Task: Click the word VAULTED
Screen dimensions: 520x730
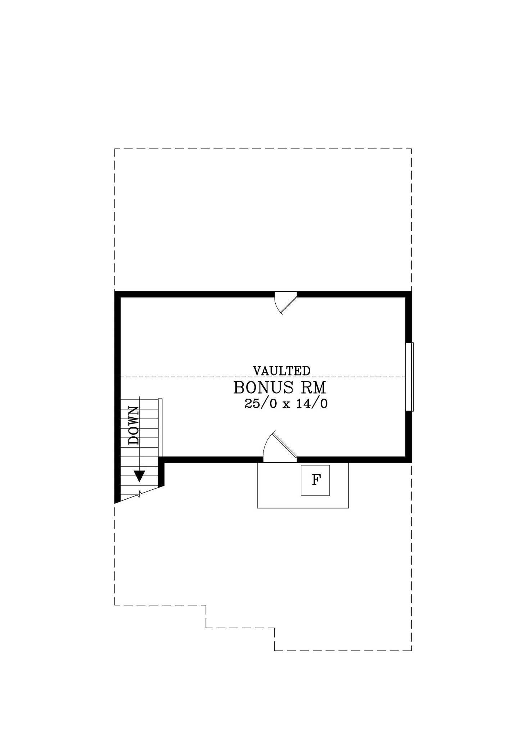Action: [x=282, y=371]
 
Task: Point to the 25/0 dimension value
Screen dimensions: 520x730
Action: [x=261, y=404]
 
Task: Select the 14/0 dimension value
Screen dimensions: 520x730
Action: [x=312, y=404]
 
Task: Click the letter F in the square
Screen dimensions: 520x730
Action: [x=316, y=480]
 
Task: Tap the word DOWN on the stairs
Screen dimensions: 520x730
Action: [x=134, y=426]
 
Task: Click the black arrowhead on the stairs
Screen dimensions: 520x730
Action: [x=140, y=476]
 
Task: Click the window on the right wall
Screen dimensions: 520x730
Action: [x=410, y=377]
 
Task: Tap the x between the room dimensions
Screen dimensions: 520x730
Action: [x=286, y=405]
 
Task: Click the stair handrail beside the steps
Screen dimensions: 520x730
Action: [x=160, y=428]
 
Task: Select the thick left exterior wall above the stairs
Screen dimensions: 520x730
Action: [x=117, y=345]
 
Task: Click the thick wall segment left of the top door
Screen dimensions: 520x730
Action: [x=195, y=294]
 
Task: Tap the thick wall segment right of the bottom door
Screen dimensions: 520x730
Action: [x=354, y=459]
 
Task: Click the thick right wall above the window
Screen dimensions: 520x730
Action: [x=408, y=317]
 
